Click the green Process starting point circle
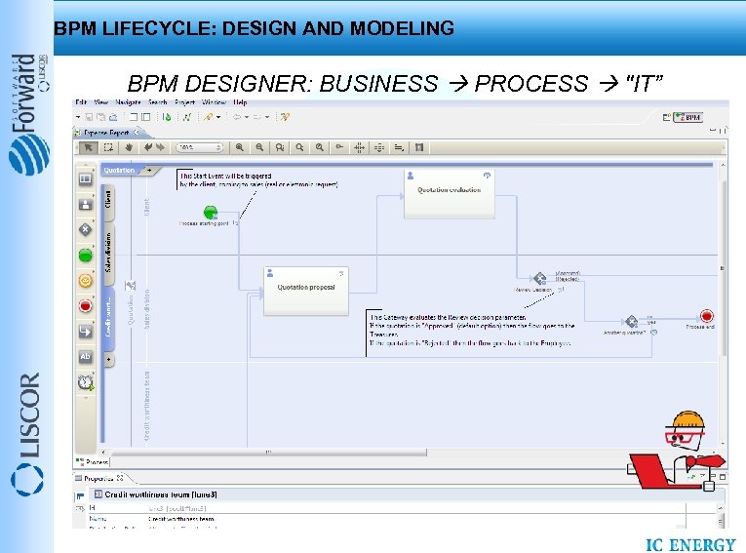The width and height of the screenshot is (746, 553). (209, 213)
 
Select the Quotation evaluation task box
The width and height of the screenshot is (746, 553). (450, 192)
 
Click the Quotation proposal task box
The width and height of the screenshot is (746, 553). (306, 289)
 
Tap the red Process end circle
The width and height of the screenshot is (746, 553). (706, 316)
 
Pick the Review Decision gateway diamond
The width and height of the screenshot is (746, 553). (537, 279)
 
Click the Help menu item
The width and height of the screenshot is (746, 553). (240, 102)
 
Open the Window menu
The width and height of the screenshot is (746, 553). (214, 102)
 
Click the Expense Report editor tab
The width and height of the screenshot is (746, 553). (108, 132)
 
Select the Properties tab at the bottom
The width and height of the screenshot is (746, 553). (99, 478)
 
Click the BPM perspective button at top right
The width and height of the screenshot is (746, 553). (687, 117)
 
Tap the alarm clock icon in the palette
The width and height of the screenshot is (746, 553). (86, 381)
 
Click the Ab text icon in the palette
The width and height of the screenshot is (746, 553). (86, 356)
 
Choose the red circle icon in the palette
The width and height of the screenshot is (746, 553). (86, 305)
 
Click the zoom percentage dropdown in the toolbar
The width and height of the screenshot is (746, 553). (198, 147)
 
